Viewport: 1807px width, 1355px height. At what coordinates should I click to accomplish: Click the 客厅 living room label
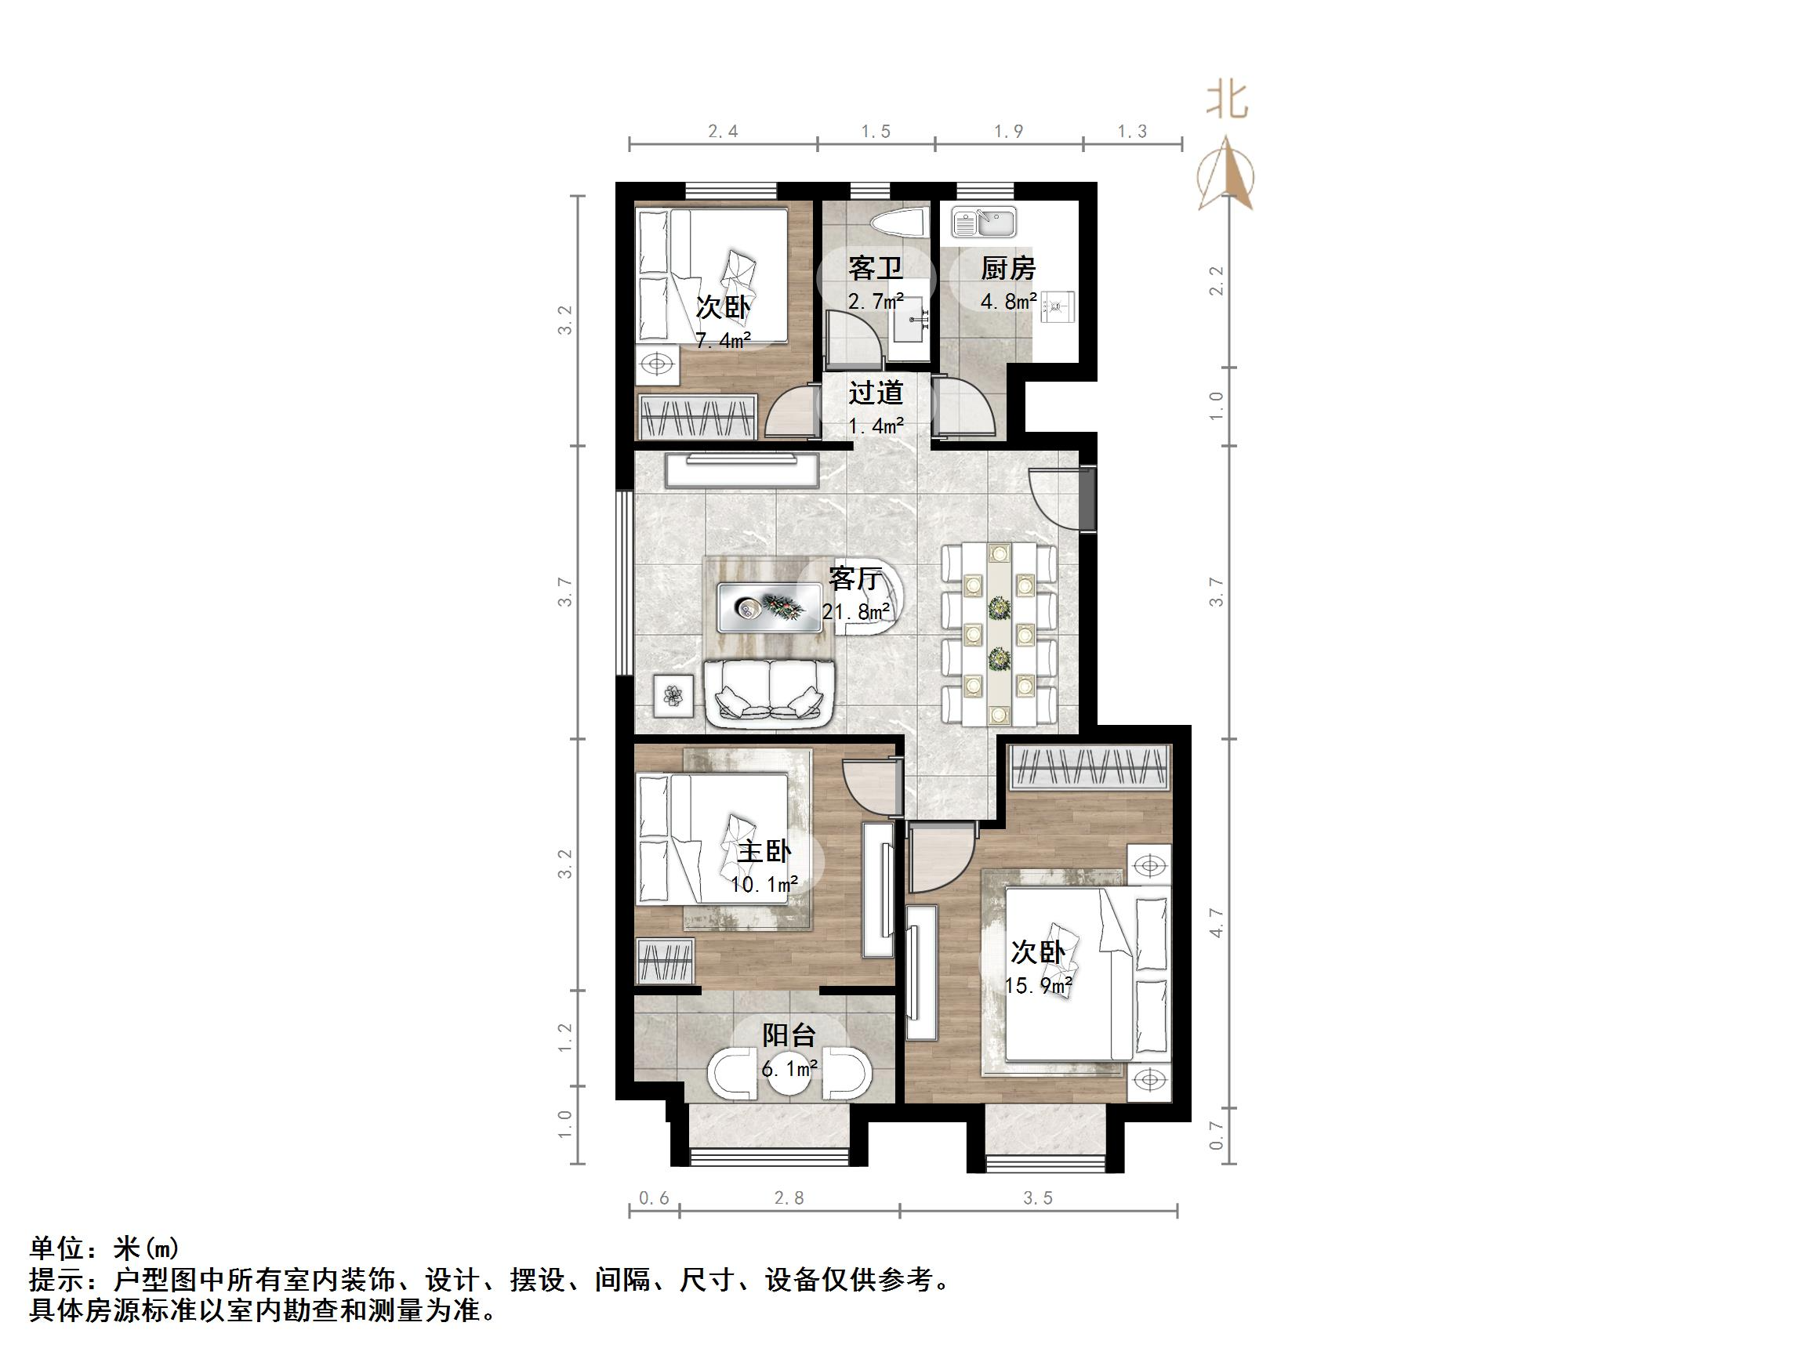(x=855, y=579)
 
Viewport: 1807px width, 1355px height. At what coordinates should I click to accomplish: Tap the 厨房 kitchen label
(x=1008, y=268)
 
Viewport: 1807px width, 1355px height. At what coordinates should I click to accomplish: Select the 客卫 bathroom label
(x=875, y=268)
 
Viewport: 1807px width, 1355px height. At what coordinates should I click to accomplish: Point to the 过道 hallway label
(x=875, y=393)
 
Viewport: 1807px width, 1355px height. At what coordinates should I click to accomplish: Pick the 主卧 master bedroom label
(x=764, y=852)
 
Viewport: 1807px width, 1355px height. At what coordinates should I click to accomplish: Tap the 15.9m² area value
(x=1037, y=986)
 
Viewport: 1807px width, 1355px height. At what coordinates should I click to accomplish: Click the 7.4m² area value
(x=722, y=341)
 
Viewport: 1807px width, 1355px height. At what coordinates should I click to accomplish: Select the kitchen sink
(x=984, y=222)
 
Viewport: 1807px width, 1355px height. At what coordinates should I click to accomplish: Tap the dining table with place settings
(x=999, y=634)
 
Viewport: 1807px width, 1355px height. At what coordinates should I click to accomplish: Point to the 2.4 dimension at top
(x=723, y=132)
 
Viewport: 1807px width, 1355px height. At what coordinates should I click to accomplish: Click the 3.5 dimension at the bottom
(x=1037, y=1198)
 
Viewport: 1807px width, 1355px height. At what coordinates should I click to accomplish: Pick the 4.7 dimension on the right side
(x=1217, y=922)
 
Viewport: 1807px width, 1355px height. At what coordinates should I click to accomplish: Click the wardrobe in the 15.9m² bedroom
(x=1090, y=767)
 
